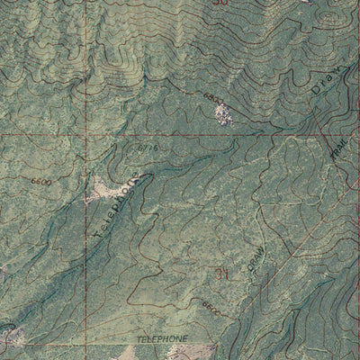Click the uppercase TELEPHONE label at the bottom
[164, 336]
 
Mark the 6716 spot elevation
[148, 147]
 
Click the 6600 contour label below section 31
[211, 308]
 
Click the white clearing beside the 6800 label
[221, 112]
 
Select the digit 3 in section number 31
[218, 274]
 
